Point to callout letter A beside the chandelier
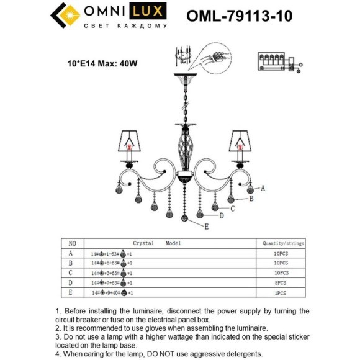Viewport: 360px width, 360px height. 263,187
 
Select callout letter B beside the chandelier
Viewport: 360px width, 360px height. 251,199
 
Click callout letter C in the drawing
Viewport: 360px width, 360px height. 232,209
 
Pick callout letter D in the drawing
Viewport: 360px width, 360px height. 221,215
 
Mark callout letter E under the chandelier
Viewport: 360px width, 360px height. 206,228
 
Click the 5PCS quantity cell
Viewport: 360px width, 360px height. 281,282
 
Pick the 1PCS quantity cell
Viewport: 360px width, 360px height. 281,292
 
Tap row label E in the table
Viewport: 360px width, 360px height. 71,292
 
